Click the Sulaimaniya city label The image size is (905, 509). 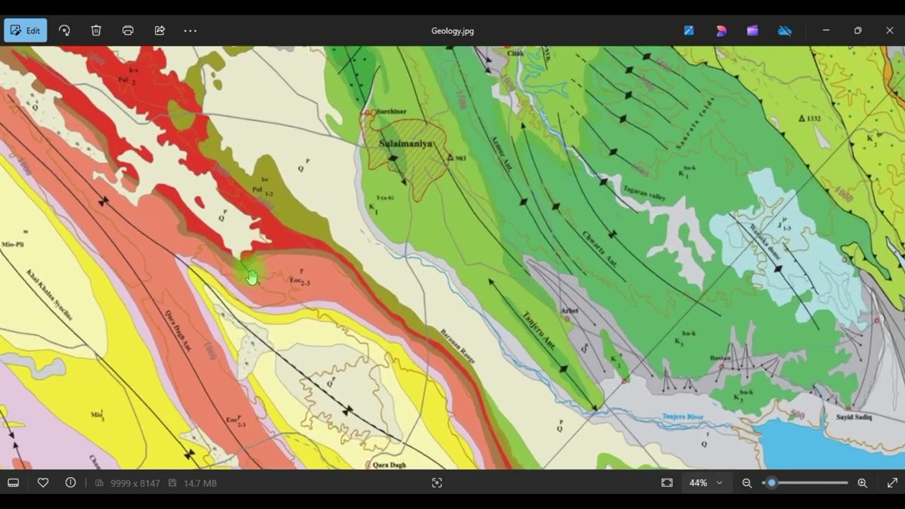[405, 144]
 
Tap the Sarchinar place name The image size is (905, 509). [391, 112]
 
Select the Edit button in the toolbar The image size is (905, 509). [25, 30]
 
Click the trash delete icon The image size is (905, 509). [96, 30]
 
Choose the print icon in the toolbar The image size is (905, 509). [128, 30]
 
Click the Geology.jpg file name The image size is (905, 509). [452, 31]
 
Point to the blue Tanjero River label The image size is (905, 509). [683, 417]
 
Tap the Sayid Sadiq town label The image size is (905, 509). [854, 417]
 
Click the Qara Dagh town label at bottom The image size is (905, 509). [390, 464]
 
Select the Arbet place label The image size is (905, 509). [569, 311]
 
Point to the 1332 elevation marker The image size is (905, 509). [810, 119]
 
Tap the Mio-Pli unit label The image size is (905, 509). [13, 245]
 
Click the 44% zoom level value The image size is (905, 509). [698, 483]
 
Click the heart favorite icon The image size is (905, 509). [43, 483]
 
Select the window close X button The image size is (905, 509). [889, 30]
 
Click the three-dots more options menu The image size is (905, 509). [190, 30]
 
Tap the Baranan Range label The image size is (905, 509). [457, 346]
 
